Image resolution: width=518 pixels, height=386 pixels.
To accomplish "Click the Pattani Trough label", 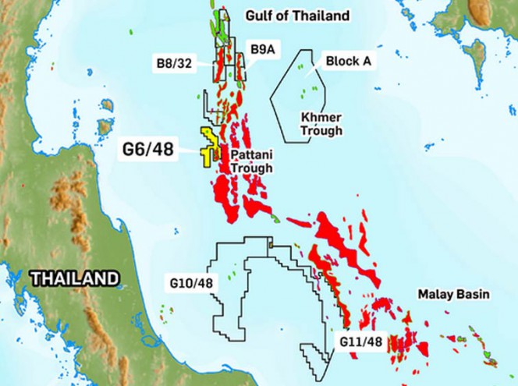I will click(251, 161).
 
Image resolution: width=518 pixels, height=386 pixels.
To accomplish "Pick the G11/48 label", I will click(360, 342).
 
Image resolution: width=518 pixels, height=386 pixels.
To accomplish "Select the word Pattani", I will click(251, 155).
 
